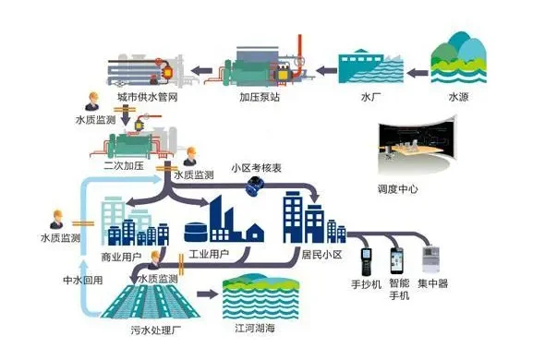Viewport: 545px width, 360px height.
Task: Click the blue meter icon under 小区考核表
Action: tap(252, 186)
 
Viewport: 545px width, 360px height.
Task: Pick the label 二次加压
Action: tap(123, 166)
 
